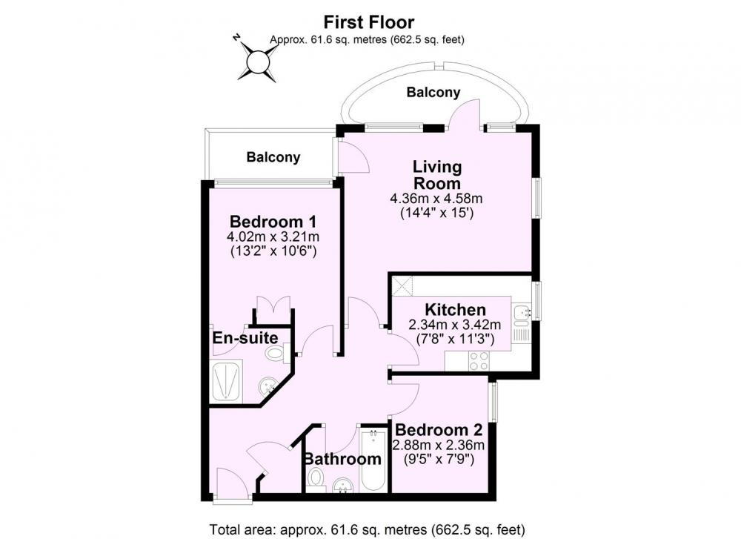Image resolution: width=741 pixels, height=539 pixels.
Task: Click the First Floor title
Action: (368, 22)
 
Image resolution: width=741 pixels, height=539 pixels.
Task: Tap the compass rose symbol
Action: (256, 60)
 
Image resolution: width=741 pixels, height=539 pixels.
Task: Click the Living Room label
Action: (437, 175)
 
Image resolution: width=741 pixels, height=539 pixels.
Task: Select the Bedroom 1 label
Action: (273, 221)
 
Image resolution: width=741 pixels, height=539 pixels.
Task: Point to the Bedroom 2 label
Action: (439, 430)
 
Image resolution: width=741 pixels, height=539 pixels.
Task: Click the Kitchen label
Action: (456, 310)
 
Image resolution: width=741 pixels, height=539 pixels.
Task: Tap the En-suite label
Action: (245, 338)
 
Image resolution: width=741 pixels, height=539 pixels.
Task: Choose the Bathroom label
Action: (342, 459)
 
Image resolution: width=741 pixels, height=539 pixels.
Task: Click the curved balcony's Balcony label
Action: (433, 92)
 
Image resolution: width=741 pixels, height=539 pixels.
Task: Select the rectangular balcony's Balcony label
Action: (273, 157)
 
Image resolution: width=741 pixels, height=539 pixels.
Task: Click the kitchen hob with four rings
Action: (478, 361)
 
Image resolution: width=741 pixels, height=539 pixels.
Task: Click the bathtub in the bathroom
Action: (373, 460)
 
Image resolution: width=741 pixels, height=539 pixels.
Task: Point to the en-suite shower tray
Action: (226, 382)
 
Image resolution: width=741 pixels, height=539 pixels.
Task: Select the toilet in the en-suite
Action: (275, 353)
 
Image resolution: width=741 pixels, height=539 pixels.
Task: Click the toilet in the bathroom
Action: (314, 478)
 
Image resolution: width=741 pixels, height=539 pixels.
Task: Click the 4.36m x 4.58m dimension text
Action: (436, 198)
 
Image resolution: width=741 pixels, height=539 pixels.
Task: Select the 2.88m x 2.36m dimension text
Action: (439, 445)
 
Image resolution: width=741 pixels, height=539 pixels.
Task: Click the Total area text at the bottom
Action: (368, 529)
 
